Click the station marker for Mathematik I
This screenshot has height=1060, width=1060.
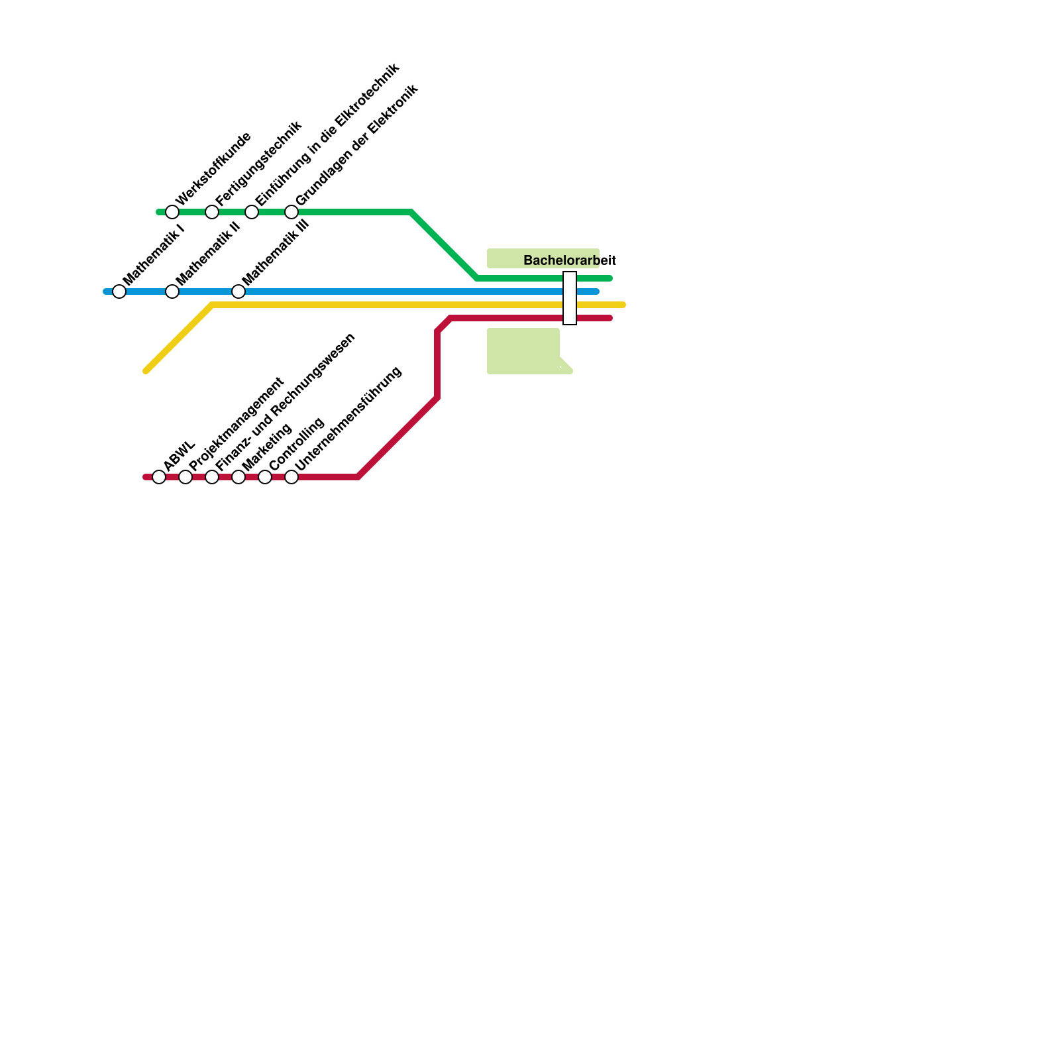point(119,291)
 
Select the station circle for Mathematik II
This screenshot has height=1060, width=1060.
point(172,291)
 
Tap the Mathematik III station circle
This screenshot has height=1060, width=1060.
point(238,291)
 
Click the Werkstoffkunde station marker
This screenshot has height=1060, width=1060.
point(172,212)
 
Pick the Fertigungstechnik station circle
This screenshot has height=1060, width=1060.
point(212,212)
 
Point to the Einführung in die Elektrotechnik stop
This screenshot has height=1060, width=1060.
point(252,212)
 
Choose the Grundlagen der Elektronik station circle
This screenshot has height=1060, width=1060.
point(291,212)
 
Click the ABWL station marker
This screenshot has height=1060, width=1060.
point(159,477)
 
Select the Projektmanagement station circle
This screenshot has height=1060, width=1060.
point(185,477)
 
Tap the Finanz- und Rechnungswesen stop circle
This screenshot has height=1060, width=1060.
point(212,477)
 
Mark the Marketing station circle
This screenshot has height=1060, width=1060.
point(238,477)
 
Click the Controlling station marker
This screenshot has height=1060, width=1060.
point(265,477)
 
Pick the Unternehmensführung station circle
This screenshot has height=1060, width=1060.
point(291,477)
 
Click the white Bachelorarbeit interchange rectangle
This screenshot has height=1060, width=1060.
point(570,298)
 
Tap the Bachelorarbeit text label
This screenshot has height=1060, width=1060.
point(570,260)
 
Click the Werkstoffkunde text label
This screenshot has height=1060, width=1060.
point(213,168)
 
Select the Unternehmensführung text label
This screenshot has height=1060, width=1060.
point(348,419)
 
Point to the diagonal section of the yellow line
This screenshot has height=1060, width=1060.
point(179,338)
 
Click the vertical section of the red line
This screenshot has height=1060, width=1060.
point(437,364)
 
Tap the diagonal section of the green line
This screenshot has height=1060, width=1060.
point(444,245)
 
